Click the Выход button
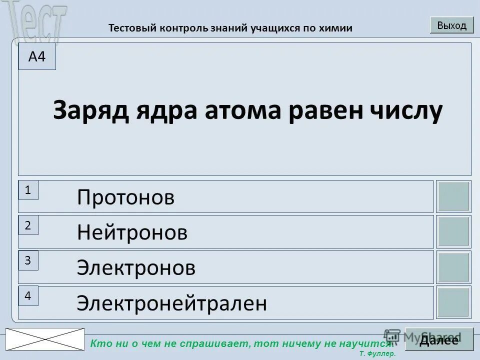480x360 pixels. [x=451, y=25]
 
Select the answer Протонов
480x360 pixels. [x=126, y=197]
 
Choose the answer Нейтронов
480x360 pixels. [x=132, y=232]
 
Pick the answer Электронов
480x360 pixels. [x=136, y=268]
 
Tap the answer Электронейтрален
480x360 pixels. [x=171, y=303]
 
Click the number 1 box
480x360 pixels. [x=28, y=190]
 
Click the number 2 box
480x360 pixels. [x=28, y=225]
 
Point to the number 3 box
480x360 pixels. [x=28, y=260]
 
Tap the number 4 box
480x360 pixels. [x=28, y=296]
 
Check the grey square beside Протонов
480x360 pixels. [x=453, y=196]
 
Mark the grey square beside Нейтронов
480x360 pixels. [x=453, y=231]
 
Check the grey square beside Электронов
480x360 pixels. [x=453, y=267]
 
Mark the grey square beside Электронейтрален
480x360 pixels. [x=453, y=302]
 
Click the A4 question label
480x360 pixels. [x=37, y=57]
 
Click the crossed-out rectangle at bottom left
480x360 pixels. [x=45, y=339]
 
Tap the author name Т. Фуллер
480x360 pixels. [x=377, y=353]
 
